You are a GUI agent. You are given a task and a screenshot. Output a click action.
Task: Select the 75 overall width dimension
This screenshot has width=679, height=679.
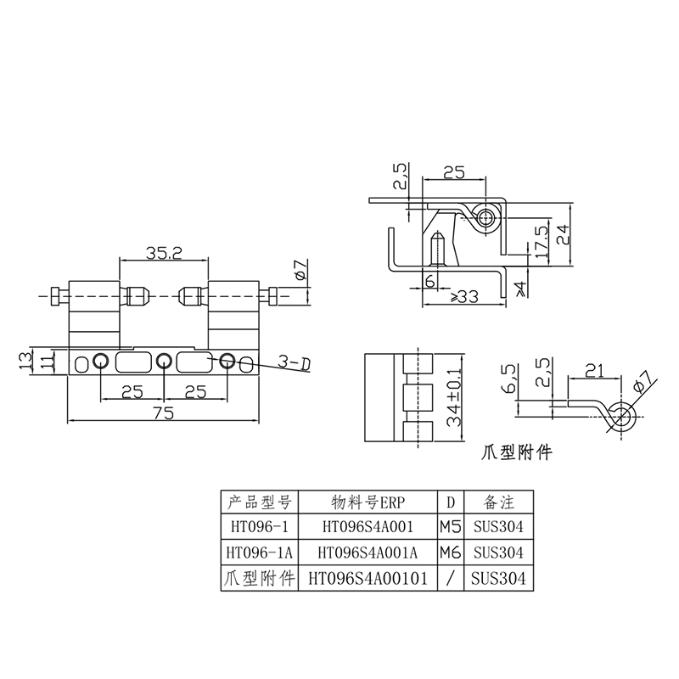click(163, 412)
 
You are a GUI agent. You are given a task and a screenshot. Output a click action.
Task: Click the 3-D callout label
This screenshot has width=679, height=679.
click(294, 363)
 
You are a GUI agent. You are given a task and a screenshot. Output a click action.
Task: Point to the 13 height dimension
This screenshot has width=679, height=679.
click(25, 361)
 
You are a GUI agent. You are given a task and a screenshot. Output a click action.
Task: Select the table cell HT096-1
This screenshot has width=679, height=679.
click(254, 526)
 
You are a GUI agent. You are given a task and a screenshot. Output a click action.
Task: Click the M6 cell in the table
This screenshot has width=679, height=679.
click(450, 553)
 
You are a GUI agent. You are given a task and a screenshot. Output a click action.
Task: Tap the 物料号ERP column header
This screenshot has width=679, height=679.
click(364, 500)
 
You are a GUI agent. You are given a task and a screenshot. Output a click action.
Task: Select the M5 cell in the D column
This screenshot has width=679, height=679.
click(450, 526)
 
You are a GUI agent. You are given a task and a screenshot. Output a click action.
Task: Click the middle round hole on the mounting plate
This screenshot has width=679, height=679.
click(163, 362)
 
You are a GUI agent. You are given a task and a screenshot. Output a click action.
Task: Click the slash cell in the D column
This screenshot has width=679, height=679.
click(450, 579)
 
